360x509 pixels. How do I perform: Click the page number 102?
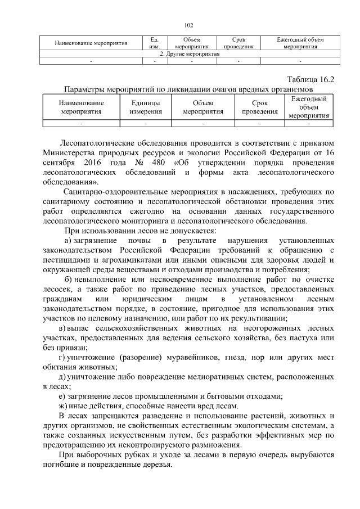[x=188, y=25]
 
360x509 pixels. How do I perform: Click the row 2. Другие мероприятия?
[x=190, y=54]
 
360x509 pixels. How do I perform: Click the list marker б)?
[x=70, y=280]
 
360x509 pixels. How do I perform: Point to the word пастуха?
[x=296, y=337]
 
